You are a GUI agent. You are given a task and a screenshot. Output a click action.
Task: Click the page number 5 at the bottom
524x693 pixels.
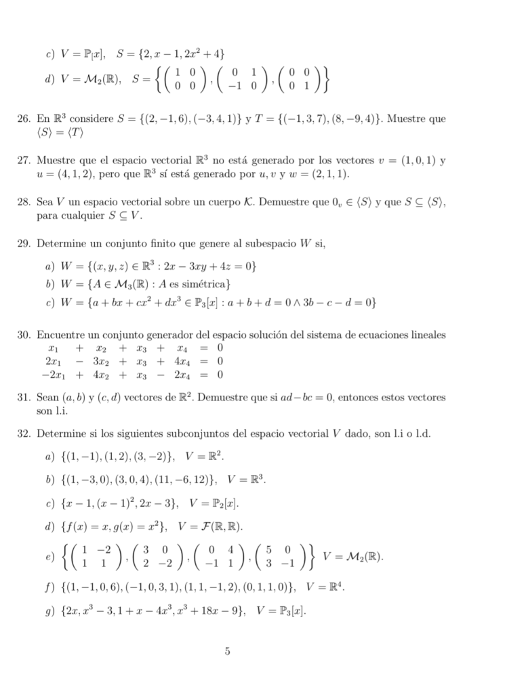[228, 652]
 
